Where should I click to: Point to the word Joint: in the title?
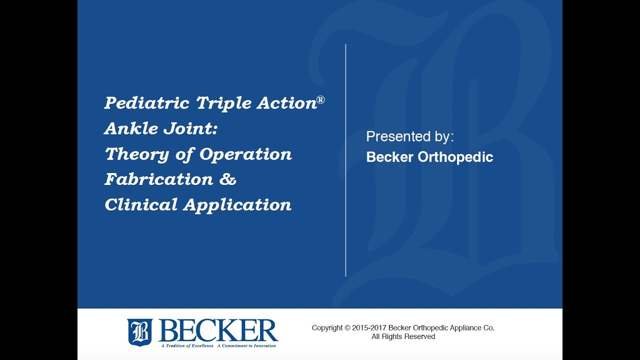pyautogui.click(x=190, y=129)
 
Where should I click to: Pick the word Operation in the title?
pyautogui.click(x=245, y=154)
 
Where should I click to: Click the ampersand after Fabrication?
pyautogui.click(x=227, y=179)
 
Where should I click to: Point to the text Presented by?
pyautogui.click(x=410, y=136)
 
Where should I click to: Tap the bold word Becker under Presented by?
pyautogui.click(x=389, y=157)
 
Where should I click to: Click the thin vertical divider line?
pyautogui.click(x=345, y=160)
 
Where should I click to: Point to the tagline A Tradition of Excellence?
pyautogui.click(x=187, y=345)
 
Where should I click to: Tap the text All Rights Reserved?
pyautogui.click(x=403, y=337)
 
